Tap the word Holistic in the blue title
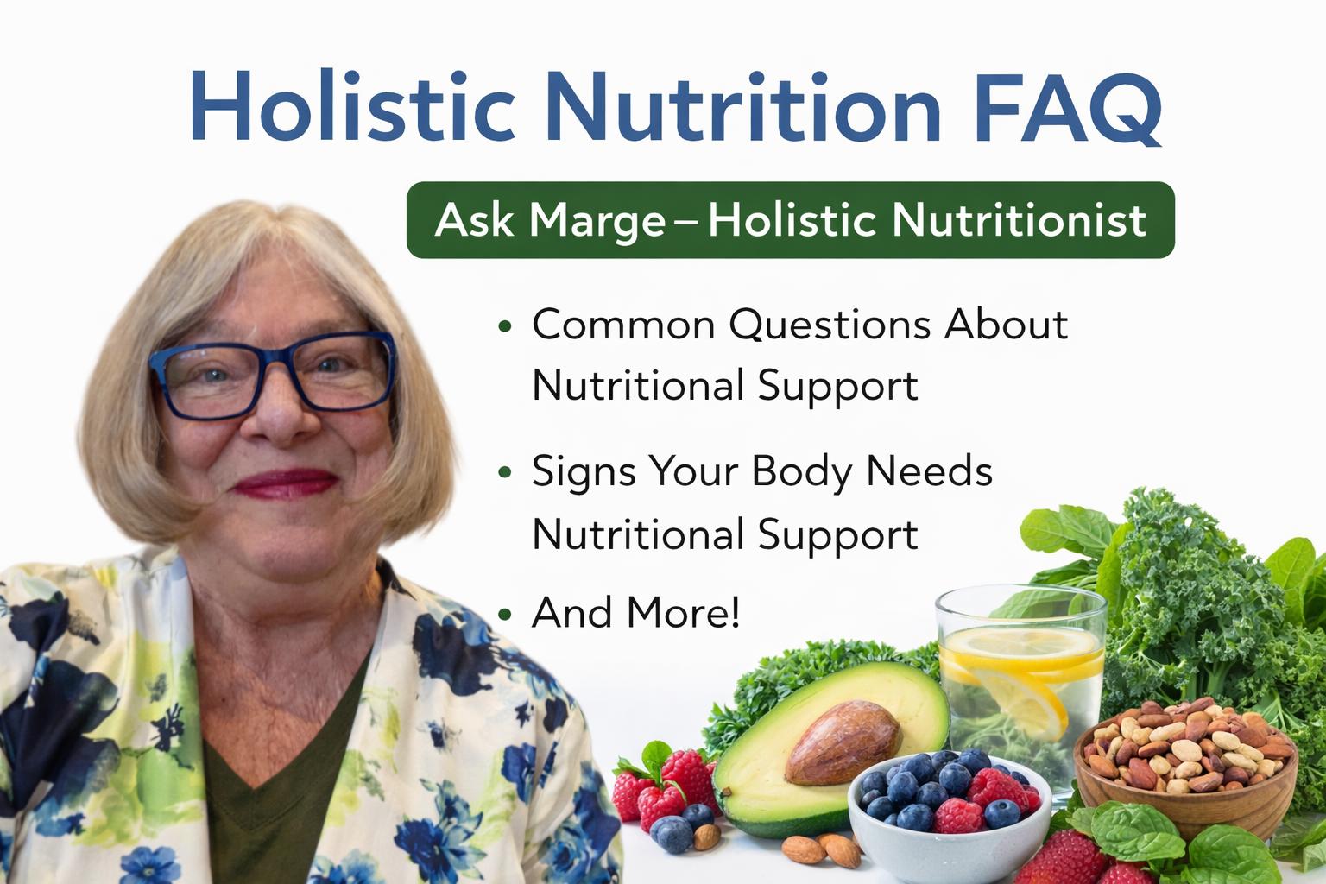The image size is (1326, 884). pyautogui.click(x=353, y=105)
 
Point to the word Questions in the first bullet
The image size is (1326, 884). pyautogui.click(x=830, y=326)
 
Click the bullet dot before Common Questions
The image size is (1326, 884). pyautogui.click(x=505, y=325)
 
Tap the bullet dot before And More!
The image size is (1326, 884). pyautogui.click(x=505, y=614)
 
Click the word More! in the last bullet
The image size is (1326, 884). pyautogui.click(x=683, y=612)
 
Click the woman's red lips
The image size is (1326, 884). pyautogui.click(x=285, y=483)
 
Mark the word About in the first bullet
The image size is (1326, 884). pyautogui.click(x=1006, y=325)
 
